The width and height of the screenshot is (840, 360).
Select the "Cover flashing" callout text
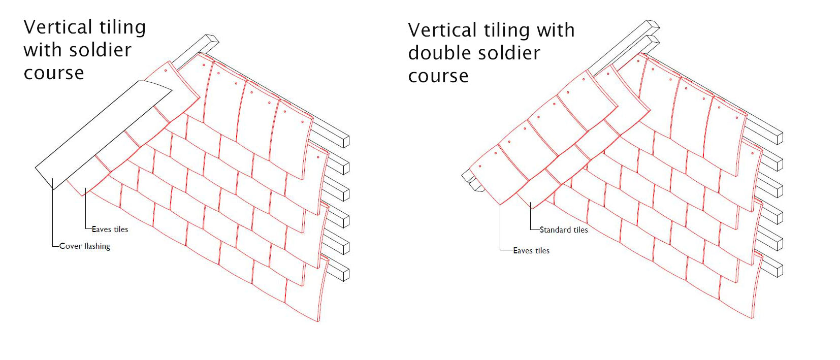tap(85, 246)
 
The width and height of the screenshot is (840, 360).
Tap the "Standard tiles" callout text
tap(564, 230)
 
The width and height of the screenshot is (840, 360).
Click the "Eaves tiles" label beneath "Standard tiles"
tap(531, 251)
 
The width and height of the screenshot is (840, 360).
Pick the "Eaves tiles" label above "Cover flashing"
tap(110, 230)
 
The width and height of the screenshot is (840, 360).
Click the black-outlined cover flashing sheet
tap(102, 132)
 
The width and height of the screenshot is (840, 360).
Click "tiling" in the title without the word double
tap(122, 27)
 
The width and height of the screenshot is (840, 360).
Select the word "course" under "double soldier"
tap(438, 76)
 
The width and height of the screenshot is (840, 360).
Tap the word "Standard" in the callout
tap(555, 230)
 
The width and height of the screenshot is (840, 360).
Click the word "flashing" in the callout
tap(97, 246)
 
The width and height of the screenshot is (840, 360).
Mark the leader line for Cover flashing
tap(53, 218)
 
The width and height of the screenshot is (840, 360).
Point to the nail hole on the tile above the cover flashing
tap(165, 71)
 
